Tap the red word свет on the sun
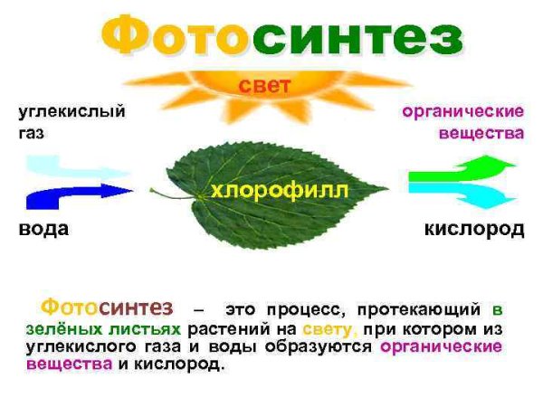[264, 87]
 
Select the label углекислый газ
[71, 122]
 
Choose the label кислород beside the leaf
[474, 229]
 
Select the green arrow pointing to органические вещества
[462, 169]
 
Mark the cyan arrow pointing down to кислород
[462, 193]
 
